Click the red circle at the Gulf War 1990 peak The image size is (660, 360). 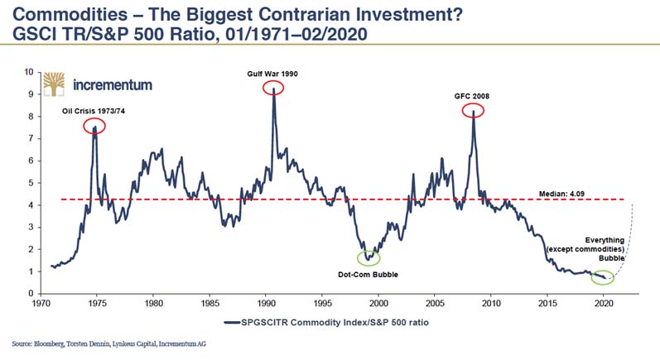272,89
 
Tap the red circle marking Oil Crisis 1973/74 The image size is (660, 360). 94,127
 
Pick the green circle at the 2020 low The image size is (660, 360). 603,277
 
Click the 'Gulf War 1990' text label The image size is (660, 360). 272,74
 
